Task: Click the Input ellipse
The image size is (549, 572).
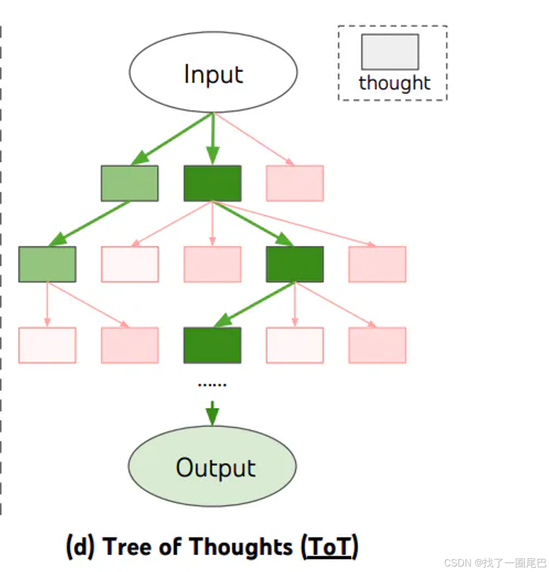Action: click(213, 73)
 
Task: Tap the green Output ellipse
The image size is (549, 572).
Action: click(213, 467)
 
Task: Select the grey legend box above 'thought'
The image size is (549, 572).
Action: click(390, 52)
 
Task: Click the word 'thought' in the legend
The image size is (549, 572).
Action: click(394, 83)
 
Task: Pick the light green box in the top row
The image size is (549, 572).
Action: click(130, 183)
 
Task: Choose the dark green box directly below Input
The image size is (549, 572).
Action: click(213, 183)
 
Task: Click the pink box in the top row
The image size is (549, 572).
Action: click(295, 183)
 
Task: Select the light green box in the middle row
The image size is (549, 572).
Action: click(47, 264)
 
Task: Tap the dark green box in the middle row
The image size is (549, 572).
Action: click(295, 264)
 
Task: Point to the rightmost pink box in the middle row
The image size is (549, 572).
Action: click(378, 264)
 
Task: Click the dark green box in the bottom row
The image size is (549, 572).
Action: click(213, 345)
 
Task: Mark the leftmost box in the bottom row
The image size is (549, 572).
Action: click(47, 345)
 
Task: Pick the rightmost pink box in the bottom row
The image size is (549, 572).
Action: click(378, 345)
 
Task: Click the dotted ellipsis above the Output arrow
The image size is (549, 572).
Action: click(213, 385)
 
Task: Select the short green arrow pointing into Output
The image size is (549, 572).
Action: click(213, 412)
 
